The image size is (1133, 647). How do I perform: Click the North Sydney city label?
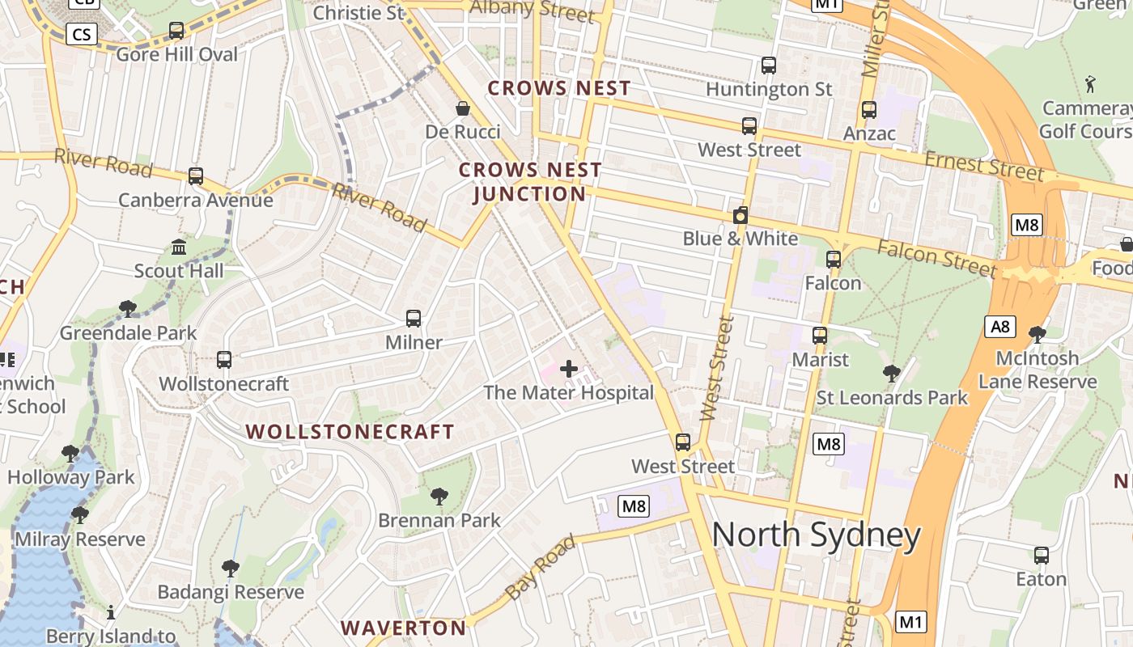coord(816,535)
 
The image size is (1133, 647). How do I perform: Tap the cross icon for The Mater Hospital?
coord(569,369)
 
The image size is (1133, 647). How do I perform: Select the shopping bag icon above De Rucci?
coord(463,108)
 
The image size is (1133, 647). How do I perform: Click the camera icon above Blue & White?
coord(740,215)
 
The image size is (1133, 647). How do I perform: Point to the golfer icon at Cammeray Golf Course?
coord(1090,83)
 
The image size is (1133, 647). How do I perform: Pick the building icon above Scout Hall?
coord(179,247)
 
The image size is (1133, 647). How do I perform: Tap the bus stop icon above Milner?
coord(414,319)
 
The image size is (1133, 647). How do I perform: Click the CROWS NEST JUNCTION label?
coord(530,182)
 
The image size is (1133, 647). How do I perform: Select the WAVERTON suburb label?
coord(403,628)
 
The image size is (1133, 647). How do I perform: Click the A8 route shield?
coord(1000,327)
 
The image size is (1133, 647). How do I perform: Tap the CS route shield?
coord(82,34)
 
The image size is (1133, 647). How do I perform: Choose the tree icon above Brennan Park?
coord(439,496)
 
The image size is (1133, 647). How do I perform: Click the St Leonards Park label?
coord(892,397)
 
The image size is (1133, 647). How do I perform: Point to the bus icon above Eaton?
coord(1041,556)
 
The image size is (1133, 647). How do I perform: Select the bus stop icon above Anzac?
coord(869,109)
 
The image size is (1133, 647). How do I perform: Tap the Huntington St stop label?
coord(769,89)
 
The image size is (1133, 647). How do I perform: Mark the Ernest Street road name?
coord(984,166)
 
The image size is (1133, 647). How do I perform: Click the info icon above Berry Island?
coord(111,612)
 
